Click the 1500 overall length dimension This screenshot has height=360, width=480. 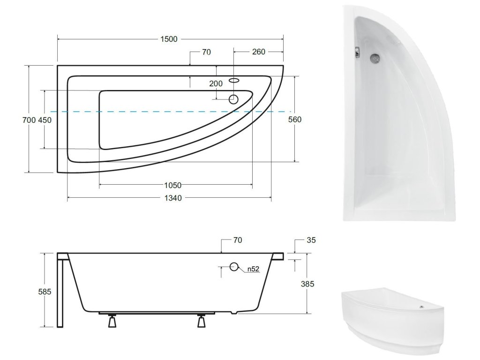click(x=169, y=39)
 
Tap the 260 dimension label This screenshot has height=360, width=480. click(x=259, y=52)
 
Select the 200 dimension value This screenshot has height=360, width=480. click(x=216, y=83)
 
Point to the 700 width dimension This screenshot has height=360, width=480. click(x=29, y=120)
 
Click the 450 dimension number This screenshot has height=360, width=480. click(x=45, y=120)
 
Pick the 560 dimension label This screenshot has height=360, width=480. click(x=295, y=120)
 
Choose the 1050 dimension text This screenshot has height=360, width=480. click(x=172, y=185)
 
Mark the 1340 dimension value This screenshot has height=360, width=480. click(x=173, y=198)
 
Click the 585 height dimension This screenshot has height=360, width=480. click(x=45, y=292)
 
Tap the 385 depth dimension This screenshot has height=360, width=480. click(x=307, y=284)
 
